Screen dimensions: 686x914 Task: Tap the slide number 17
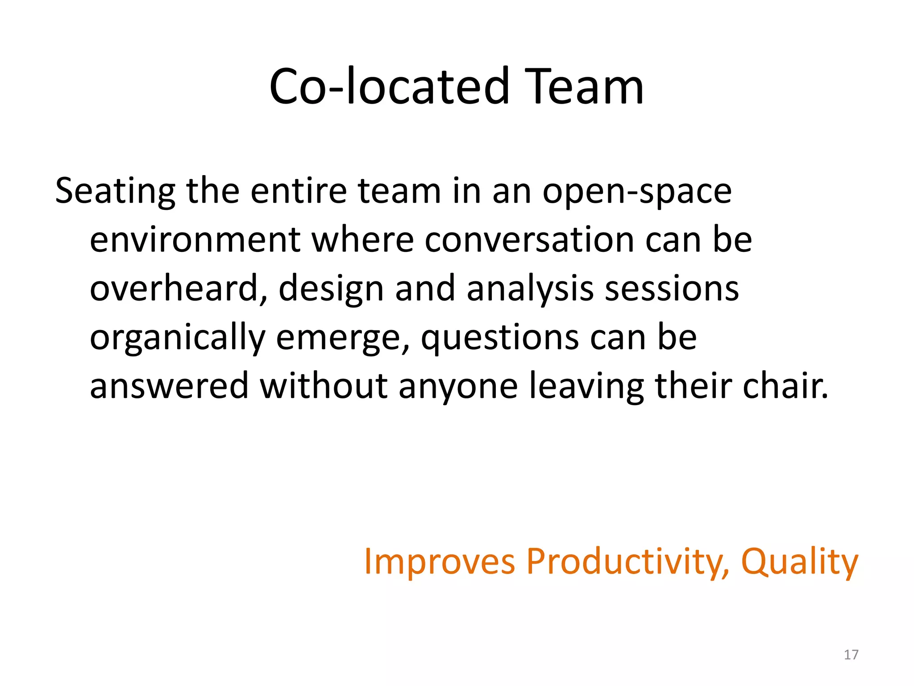[851, 655]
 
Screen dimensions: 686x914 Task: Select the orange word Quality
[799, 562]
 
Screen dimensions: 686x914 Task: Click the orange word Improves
[440, 562]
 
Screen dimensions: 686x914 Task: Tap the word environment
[195, 240]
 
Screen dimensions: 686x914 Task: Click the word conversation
[529, 240]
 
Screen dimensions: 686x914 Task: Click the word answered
[169, 386]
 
